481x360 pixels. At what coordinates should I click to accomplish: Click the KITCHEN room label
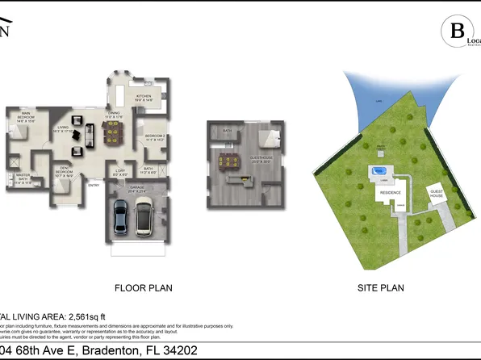click(144, 97)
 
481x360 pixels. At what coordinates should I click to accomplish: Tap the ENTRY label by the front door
click(93, 185)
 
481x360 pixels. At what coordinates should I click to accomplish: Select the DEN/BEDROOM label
click(64, 170)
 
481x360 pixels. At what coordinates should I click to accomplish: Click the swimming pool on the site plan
click(378, 170)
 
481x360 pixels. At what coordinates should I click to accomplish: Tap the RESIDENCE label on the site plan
click(391, 194)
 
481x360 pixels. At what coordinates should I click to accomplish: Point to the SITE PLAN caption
click(380, 287)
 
